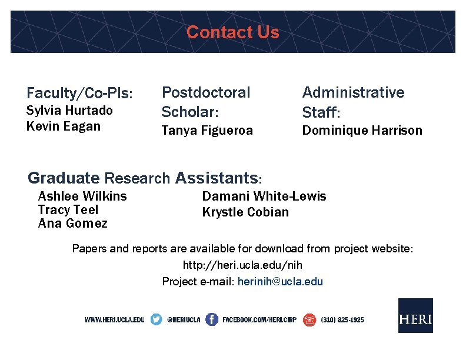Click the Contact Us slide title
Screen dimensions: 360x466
pyautogui.click(x=232, y=32)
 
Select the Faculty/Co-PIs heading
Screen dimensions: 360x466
pyautogui.click(x=79, y=93)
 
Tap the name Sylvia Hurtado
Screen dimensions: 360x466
pyautogui.click(x=69, y=110)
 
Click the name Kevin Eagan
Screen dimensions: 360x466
pyautogui.click(x=64, y=126)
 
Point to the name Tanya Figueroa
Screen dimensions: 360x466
pyautogui.click(x=207, y=131)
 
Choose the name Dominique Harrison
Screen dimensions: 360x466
pyautogui.click(x=362, y=131)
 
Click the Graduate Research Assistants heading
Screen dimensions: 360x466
pyautogui.click(x=145, y=177)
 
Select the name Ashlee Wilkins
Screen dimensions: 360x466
pyautogui.click(x=82, y=196)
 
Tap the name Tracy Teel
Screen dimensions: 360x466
pyautogui.click(x=68, y=210)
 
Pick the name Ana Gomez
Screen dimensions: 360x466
pyautogui.click(x=72, y=224)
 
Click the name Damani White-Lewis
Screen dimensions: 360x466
pyautogui.click(x=264, y=196)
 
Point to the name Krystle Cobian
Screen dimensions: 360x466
pyautogui.click(x=245, y=212)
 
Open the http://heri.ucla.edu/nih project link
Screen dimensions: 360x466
pyautogui.click(x=242, y=265)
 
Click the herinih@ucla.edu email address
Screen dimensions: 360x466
pyautogui.click(x=280, y=281)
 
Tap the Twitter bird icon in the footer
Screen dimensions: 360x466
pyautogui.click(x=156, y=319)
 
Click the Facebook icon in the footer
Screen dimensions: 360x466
pyautogui.click(x=211, y=319)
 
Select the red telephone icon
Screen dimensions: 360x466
pyautogui.click(x=309, y=319)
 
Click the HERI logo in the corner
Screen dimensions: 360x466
pyautogui.click(x=415, y=316)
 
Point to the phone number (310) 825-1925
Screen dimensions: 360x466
pyautogui.click(x=342, y=320)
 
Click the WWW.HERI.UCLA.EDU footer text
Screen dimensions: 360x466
pyautogui.click(x=114, y=320)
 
